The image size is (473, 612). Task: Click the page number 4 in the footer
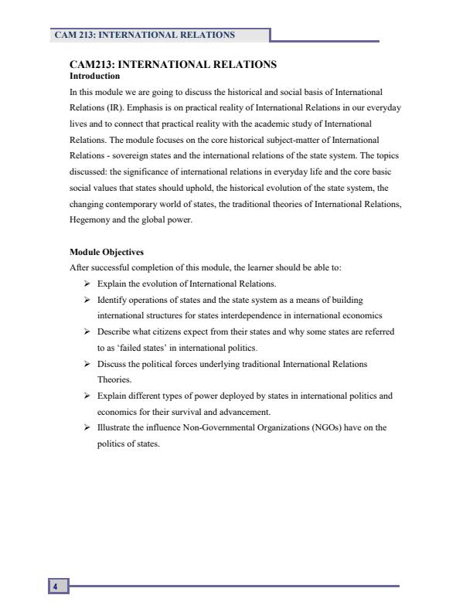[55, 587]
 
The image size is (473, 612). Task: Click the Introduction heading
[94, 76]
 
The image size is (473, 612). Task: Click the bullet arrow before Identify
[88, 299]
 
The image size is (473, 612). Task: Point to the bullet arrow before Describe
[88, 331]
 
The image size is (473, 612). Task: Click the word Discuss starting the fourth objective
[112, 364]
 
